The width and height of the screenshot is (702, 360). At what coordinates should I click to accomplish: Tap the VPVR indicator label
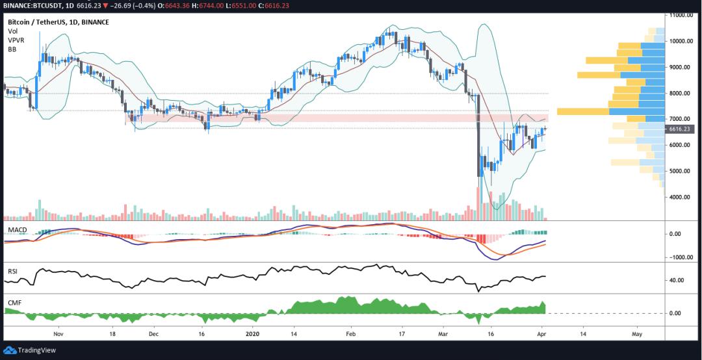pyautogui.click(x=16, y=40)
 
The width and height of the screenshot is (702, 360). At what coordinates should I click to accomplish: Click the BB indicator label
pyautogui.click(x=12, y=49)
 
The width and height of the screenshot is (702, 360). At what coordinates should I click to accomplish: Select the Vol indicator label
pyautogui.click(x=12, y=31)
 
